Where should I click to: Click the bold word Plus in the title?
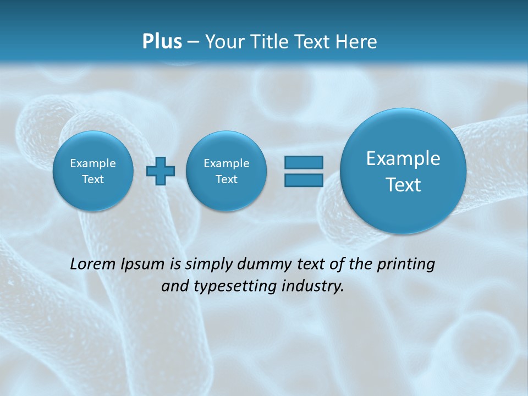point(162,42)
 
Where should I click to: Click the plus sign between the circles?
point(161,171)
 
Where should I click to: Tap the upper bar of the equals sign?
point(304,162)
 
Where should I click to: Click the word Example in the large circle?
point(403,158)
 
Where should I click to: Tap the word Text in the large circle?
point(403,185)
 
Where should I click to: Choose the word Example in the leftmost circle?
point(93,163)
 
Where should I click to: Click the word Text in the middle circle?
point(226,179)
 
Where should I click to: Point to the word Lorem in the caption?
point(94,264)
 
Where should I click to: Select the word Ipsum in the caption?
point(143,265)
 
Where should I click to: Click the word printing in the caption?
point(406,265)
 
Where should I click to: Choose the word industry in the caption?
point(315,287)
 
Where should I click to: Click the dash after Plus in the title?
point(193,42)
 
